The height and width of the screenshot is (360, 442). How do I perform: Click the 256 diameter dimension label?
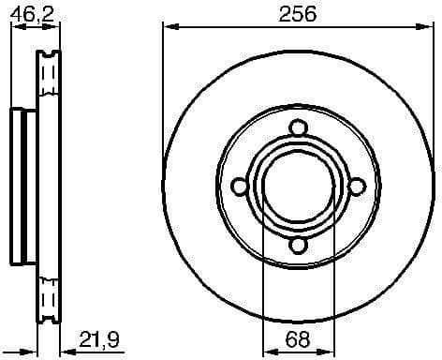click(x=298, y=13)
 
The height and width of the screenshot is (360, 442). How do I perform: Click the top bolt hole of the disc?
click(x=298, y=129)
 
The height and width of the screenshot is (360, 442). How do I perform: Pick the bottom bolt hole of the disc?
click(x=298, y=245)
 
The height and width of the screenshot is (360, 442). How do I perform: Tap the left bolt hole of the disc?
click(x=241, y=187)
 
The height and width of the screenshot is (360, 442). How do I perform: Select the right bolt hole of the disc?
click(x=356, y=187)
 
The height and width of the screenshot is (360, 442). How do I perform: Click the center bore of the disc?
click(x=298, y=187)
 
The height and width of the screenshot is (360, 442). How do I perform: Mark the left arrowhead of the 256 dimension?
click(x=169, y=27)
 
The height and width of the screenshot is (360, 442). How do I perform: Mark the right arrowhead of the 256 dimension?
click(x=427, y=27)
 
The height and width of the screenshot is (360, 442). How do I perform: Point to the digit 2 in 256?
click(x=285, y=13)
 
